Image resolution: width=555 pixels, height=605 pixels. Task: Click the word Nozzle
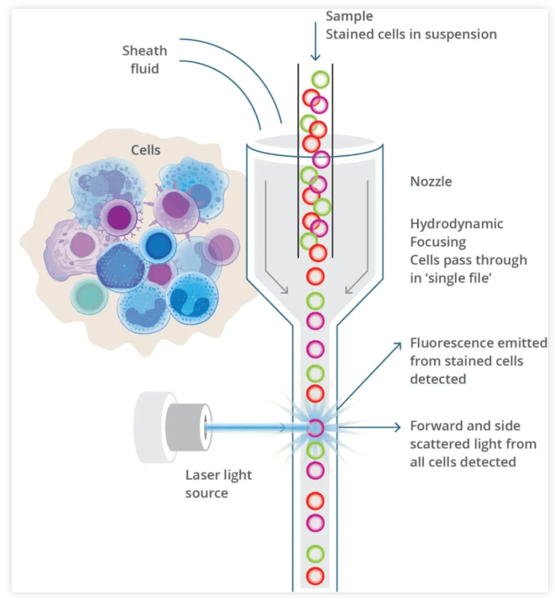click(431, 181)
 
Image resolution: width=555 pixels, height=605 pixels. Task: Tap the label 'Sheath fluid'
click(145, 60)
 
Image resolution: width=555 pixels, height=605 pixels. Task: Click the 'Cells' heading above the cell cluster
click(145, 149)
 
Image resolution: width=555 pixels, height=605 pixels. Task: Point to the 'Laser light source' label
click(219, 483)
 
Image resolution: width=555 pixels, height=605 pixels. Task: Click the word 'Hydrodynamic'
click(456, 223)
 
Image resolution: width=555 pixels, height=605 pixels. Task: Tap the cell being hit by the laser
click(315, 428)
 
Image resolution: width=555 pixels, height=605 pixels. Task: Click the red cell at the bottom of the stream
click(315, 576)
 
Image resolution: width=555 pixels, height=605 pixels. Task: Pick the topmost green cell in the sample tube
click(320, 80)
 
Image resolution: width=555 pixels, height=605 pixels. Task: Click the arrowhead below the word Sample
click(315, 57)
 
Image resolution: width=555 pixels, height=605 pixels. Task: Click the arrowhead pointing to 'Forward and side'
click(398, 427)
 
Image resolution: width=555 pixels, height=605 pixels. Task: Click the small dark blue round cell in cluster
click(158, 245)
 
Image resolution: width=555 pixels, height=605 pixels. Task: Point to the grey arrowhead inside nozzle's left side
click(284, 290)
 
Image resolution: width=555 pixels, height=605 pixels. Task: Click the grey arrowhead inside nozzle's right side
click(349, 290)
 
